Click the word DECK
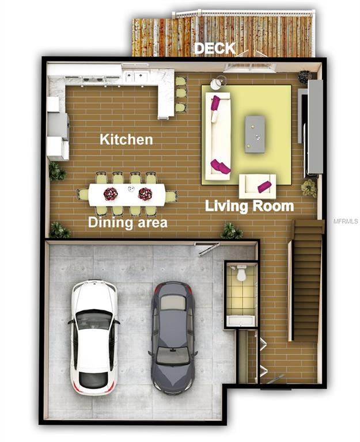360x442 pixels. click(x=214, y=48)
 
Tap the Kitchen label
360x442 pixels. click(x=126, y=139)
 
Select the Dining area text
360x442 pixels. click(x=127, y=222)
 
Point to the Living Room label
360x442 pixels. click(x=249, y=205)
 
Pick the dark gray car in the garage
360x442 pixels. click(x=172, y=337)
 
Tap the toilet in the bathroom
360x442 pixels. click(x=241, y=274)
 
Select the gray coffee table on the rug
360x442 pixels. click(x=255, y=134)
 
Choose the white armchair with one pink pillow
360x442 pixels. click(x=257, y=186)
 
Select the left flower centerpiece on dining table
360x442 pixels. click(x=111, y=194)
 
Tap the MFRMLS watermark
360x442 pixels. click(x=346, y=221)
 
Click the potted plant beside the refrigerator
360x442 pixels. click(x=57, y=171)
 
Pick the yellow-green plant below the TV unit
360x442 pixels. click(x=309, y=188)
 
